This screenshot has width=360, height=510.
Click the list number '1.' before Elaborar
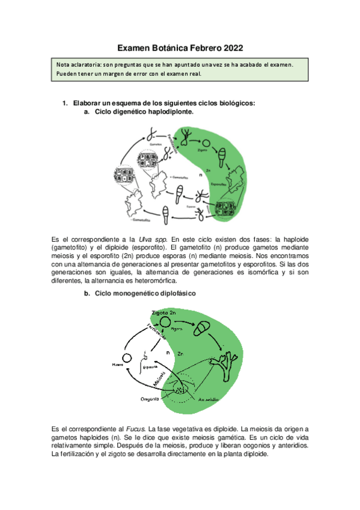pos(66,103)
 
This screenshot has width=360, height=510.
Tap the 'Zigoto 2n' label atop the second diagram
pos(163,313)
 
